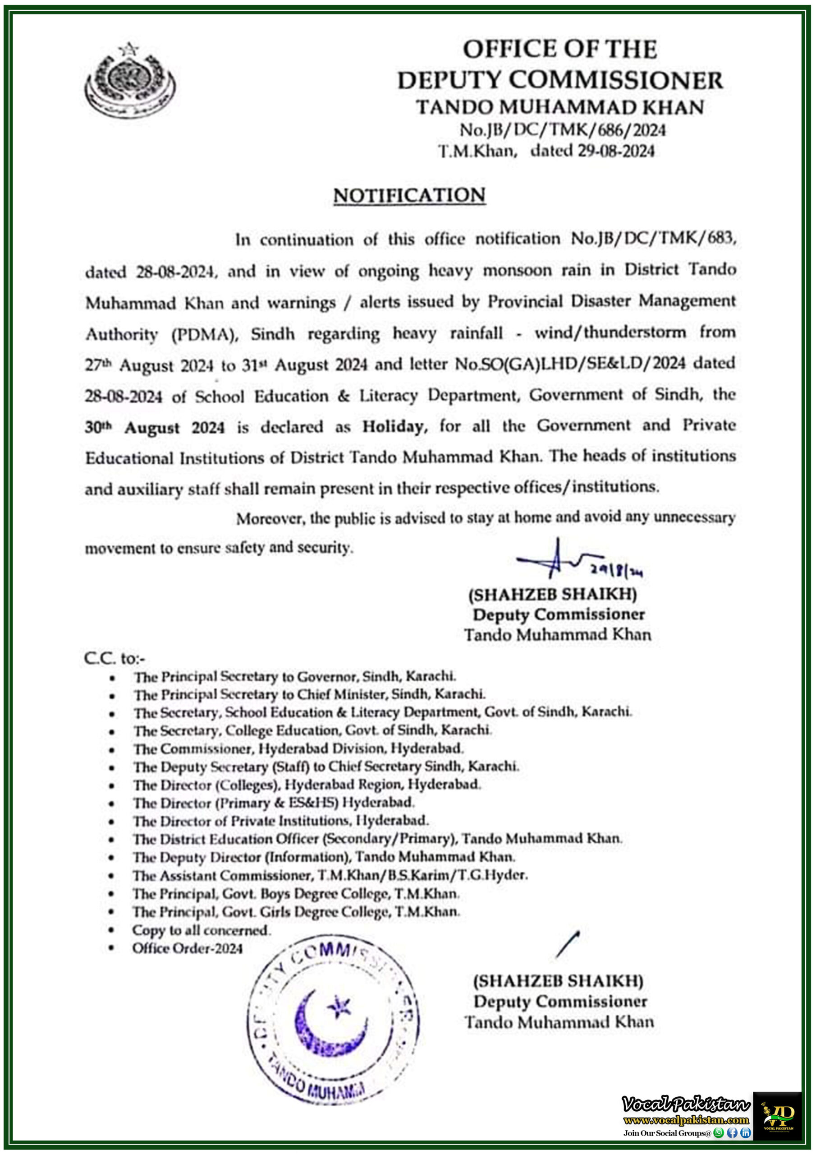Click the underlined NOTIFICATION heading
click(409, 196)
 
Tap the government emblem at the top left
click(130, 80)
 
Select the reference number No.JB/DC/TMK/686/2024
click(562, 130)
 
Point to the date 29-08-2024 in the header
click(615, 151)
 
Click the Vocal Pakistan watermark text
click(686, 1104)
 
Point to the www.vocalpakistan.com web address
click(686, 1120)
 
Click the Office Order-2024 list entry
click(187, 948)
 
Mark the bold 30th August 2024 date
click(154, 428)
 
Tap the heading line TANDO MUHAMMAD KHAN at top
click(559, 107)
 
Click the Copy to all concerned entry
click(201, 930)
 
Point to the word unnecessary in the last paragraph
click(694, 517)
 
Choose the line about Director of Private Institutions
click(280, 821)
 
